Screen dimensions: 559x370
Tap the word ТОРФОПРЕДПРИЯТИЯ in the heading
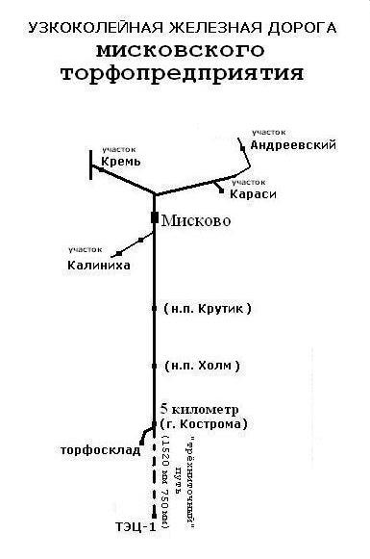tap(186, 72)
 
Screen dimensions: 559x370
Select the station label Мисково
tap(198, 220)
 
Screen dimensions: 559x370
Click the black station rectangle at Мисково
tap(154, 219)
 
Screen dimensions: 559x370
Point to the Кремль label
tap(121, 163)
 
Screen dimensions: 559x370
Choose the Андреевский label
tap(291, 145)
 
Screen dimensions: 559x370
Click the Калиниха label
tap(98, 265)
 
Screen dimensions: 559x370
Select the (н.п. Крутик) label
tap(208, 309)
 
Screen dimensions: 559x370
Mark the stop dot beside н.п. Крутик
tap(154, 309)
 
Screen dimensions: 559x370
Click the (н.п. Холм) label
tap(202, 366)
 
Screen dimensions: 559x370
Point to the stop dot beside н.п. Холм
tap(154, 366)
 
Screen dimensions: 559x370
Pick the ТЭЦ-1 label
tap(128, 526)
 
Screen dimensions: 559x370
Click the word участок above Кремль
tap(120, 149)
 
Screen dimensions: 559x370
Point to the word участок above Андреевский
tap(271, 131)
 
